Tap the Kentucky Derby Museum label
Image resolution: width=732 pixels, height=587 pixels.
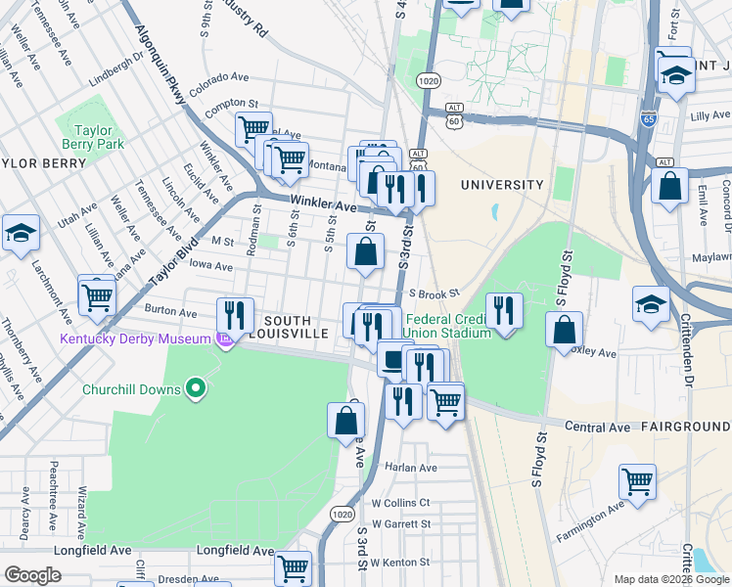135,339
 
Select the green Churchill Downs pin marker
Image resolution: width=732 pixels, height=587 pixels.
196,389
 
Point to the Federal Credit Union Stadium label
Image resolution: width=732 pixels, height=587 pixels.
447,326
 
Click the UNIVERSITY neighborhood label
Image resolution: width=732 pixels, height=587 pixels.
501,185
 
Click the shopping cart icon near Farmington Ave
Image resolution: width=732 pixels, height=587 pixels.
637,481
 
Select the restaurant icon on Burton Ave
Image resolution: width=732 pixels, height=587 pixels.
234,315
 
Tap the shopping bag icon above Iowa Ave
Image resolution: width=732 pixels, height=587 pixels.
365,252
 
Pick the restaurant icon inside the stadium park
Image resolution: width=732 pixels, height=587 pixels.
503,311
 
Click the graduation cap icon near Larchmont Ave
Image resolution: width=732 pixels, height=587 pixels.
20,234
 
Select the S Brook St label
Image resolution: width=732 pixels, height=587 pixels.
435,293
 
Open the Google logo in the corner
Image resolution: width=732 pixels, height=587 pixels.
32,575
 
